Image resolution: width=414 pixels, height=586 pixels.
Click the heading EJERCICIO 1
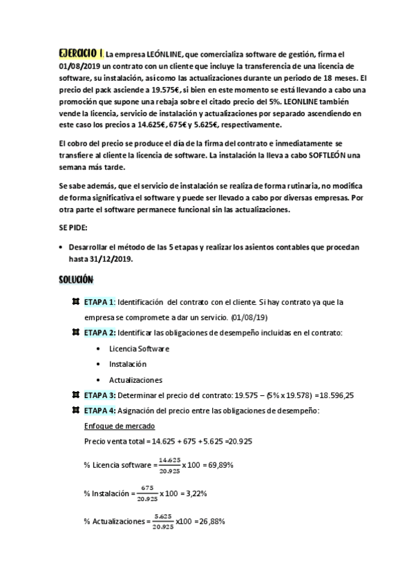pos(81,53)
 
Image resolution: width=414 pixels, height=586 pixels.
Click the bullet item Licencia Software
pos(139,348)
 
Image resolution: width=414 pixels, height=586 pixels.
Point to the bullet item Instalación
pos(128,364)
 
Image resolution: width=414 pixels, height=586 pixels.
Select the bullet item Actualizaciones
pos(135,380)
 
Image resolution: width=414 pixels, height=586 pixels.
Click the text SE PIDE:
pos(73,227)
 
